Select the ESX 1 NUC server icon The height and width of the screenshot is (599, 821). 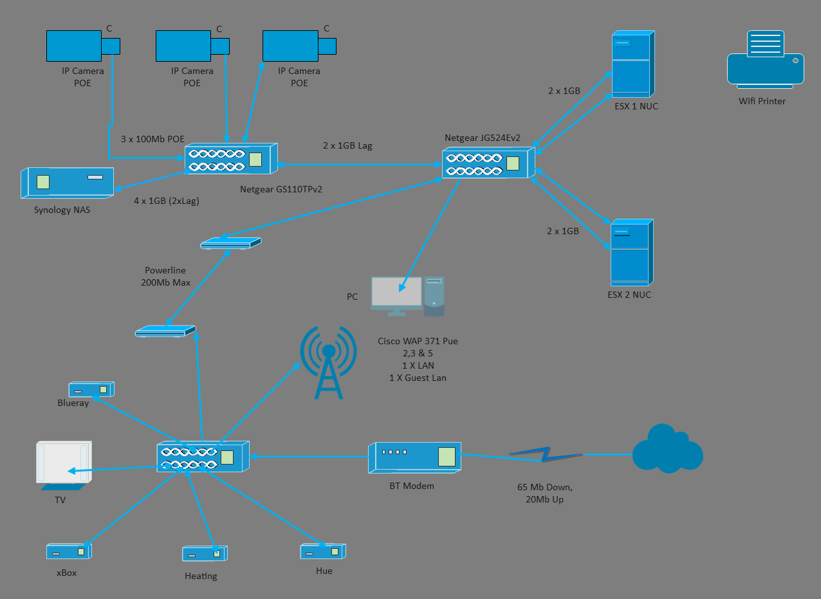coord(632,64)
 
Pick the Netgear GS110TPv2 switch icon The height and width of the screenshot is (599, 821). coord(231,159)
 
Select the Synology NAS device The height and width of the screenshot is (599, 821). coord(67,183)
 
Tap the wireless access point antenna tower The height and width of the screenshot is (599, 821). coord(328,364)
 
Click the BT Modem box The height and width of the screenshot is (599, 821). coord(414,457)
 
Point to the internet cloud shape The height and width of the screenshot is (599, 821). coord(667,449)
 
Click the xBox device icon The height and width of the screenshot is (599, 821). coord(68,551)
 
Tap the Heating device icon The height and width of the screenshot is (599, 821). coord(205,553)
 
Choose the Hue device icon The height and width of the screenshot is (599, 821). coord(322,551)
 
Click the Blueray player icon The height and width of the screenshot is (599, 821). coord(91,389)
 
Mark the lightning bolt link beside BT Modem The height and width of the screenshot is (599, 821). coord(545,455)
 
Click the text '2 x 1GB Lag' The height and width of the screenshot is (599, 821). coord(347,146)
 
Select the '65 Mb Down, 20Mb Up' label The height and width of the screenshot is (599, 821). coord(540,493)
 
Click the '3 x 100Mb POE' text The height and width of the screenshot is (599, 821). coord(152,139)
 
